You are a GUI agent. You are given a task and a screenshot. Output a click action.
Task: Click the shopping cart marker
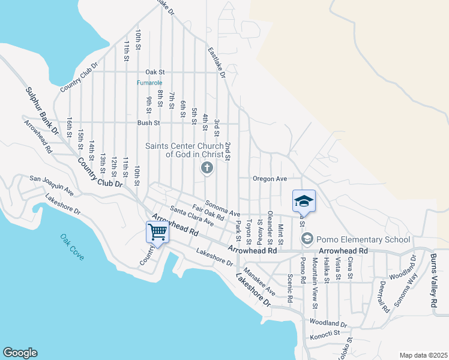point(157,232)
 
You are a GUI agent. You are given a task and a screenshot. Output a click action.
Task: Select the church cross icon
point(206,168)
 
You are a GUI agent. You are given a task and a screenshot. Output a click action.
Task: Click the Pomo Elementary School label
point(355,239)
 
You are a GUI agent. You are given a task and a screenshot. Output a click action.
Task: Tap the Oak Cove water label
point(72,247)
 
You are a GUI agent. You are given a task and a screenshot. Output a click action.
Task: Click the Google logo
point(20,353)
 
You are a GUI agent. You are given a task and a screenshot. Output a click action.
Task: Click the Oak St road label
point(155,71)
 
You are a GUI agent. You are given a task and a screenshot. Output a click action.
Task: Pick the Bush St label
point(148,123)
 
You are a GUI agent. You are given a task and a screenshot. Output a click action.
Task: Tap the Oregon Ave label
point(270,179)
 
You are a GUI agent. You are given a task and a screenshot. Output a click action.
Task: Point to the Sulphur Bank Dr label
point(41,111)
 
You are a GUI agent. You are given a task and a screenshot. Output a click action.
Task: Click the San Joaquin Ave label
point(52,184)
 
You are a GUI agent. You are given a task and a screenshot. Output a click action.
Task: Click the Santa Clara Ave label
point(191,216)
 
